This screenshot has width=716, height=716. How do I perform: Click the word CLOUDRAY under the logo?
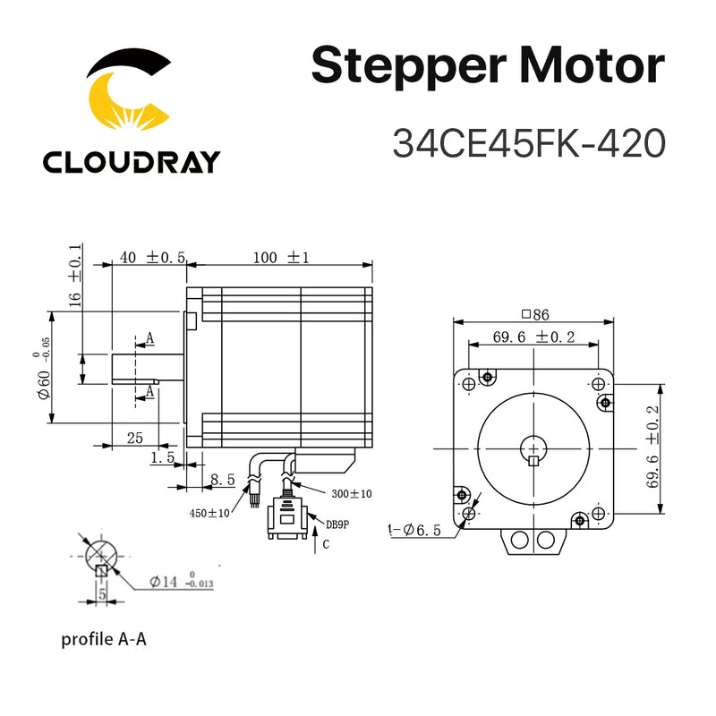[x=131, y=162]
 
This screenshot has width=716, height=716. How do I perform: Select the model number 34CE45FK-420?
[x=529, y=143]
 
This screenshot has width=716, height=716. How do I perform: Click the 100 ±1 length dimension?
[x=279, y=257]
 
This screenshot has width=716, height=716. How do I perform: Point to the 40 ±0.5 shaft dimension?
[x=151, y=257]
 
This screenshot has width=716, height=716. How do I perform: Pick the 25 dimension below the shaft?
[x=134, y=438]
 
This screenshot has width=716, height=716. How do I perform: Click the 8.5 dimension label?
[x=222, y=480]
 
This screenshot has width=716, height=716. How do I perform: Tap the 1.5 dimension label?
[x=163, y=457]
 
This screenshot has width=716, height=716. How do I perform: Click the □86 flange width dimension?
[x=534, y=314]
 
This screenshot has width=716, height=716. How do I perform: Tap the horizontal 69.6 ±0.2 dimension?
[x=533, y=337]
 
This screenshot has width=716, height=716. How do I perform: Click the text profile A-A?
[x=105, y=639]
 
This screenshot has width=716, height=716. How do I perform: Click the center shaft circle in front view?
[x=534, y=447]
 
